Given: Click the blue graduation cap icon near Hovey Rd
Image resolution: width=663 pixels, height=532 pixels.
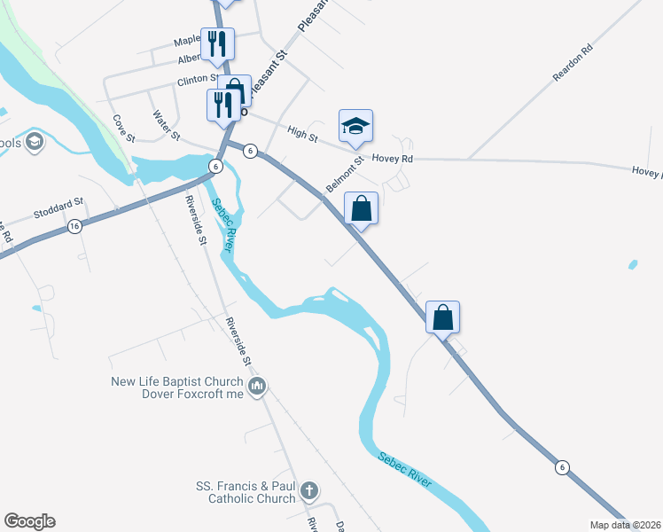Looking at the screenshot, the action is [x=355, y=126].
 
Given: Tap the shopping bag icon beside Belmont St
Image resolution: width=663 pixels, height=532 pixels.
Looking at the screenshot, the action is [x=362, y=209].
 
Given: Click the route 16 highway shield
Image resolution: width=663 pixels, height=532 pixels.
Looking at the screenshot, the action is [x=74, y=228].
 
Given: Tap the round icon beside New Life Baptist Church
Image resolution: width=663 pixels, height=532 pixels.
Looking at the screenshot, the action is [x=258, y=386].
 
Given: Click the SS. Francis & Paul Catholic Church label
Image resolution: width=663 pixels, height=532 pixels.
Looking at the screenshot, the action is [x=246, y=492].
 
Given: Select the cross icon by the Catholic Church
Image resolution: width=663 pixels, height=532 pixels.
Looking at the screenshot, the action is [x=308, y=490].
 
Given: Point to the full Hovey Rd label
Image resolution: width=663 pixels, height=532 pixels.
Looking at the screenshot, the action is [x=393, y=159].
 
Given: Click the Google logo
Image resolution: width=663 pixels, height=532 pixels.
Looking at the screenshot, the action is [x=29, y=521].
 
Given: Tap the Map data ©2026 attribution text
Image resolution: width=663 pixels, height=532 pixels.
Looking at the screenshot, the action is [x=626, y=525].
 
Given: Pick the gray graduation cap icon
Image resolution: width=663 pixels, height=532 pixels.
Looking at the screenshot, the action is [x=34, y=142].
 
